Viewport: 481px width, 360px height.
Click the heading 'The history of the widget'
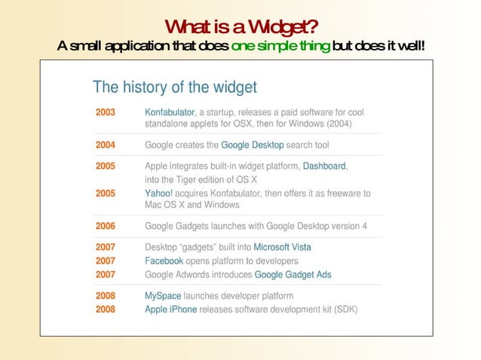tap(174, 87)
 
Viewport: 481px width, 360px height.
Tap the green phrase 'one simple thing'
tap(280, 47)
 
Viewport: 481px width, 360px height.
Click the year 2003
tap(106, 112)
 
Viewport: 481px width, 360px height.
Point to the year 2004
tap(106, 145)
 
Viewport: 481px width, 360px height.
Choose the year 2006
tap(106, 226)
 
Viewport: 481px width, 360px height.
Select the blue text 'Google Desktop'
tap(252, 145)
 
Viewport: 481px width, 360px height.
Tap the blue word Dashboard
tap(324, 166)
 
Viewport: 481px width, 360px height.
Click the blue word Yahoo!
tap(158, 194)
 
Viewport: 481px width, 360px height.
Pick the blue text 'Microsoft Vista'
tap(282, 247)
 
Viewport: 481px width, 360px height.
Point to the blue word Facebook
tap(164, 261)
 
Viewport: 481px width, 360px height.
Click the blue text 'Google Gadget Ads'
tap(293, 274)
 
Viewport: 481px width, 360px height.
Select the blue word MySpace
tap(163, 296)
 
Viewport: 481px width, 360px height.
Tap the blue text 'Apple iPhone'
tap(170, 310)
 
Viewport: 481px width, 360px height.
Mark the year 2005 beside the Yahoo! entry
tap(106, 194)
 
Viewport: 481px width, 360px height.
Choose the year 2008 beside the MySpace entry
tap(106, 296)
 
